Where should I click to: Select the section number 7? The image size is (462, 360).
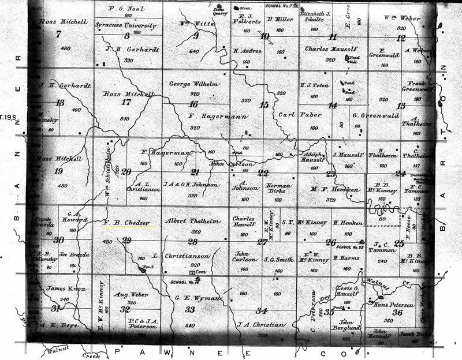coord(58,34)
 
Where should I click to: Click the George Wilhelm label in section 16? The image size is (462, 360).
coord(193,84)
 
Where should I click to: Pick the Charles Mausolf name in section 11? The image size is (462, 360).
coord(330,50)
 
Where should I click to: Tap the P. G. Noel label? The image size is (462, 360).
coord(126,9)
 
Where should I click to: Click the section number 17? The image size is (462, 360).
coord(126,103)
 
